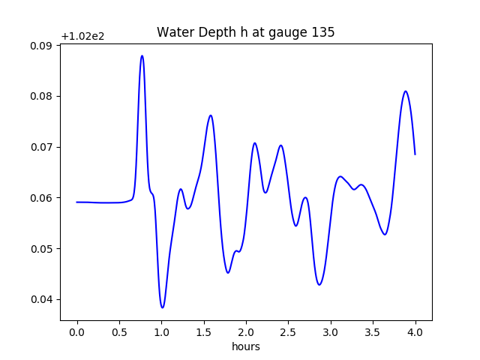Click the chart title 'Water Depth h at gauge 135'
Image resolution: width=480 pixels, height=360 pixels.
(245, 33)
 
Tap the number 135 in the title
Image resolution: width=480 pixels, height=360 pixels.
(323, 33)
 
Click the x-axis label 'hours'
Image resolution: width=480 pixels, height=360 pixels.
(245, 346)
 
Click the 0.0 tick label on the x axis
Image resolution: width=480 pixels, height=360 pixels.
(77, 331)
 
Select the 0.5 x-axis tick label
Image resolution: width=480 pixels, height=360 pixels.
(119, 331)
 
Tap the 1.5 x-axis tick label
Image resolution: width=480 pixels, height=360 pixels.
(204, 331)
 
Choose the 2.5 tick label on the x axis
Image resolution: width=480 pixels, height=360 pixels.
(289, 331)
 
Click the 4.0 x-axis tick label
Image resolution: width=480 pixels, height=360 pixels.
(415, 331)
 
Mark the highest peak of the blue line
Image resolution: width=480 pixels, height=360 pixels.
(142, 55)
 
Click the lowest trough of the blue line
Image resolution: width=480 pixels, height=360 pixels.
(162, 307)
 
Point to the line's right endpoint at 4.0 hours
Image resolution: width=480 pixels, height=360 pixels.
(415, 154)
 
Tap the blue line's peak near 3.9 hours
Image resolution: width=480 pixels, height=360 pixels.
(406, 91)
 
